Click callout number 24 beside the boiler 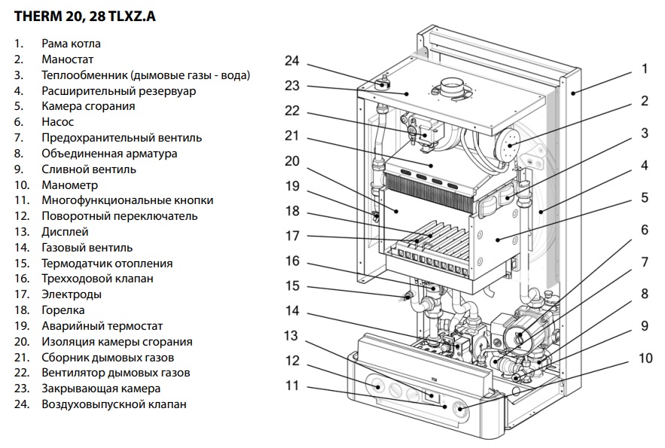point(292,60)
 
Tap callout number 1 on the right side point(645,69)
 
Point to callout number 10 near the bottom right point(645,358)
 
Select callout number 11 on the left point(292,386)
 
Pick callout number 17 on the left point(292,236)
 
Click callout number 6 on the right point(645,229)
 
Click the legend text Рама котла point(72,44)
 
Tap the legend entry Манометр point(70,184)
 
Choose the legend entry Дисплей point(66,231)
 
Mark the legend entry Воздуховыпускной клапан point(114,404)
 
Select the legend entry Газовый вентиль point(87,247)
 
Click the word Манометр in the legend point(70,184)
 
